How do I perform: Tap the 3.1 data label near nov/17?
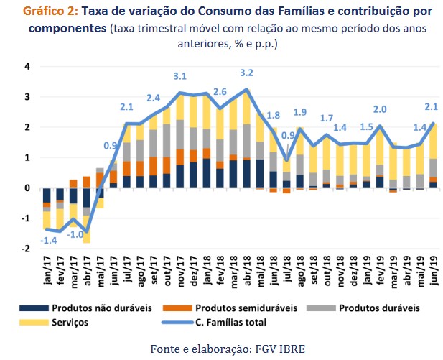[x=179, y=76]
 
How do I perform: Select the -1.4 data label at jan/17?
[x=48, y=239]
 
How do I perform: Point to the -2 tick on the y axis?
[x=26, y=249]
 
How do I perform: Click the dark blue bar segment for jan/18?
[x=206, y=173]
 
